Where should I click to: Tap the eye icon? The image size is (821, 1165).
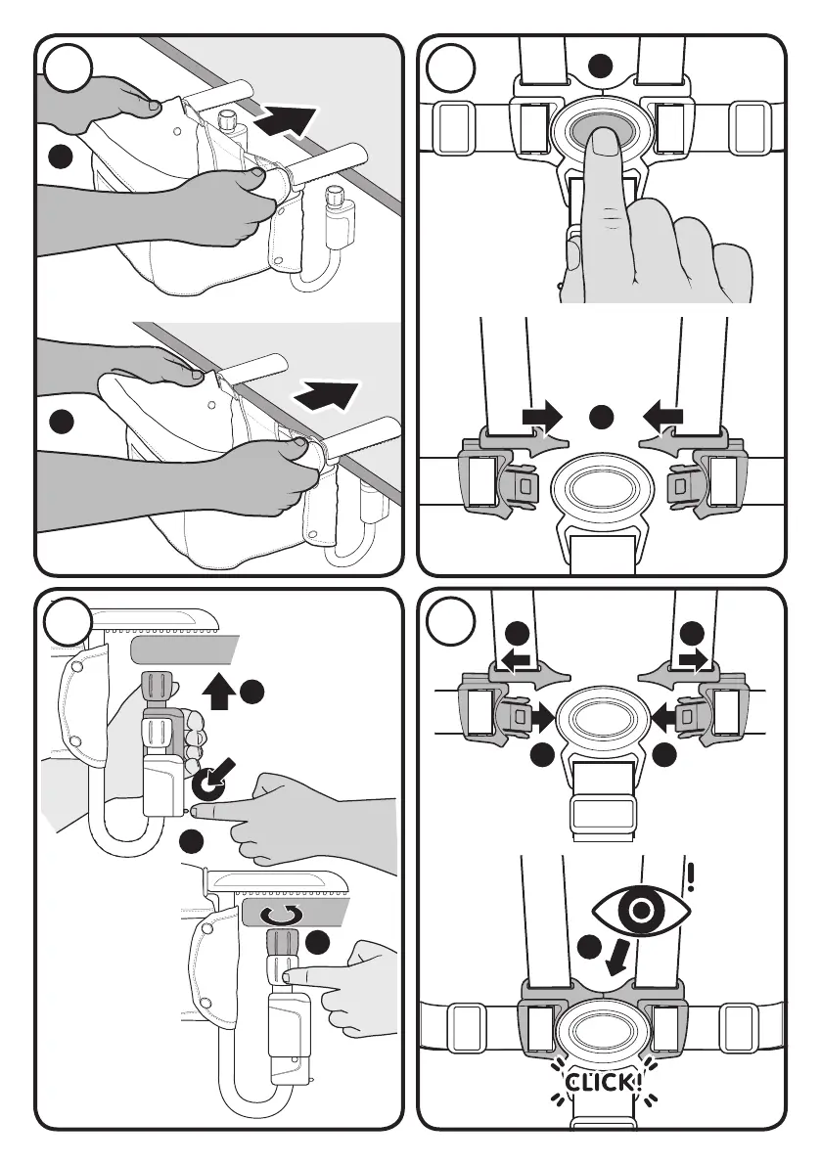641,912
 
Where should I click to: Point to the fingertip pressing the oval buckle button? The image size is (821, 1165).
600,142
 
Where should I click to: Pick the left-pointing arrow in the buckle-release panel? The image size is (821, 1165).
664,416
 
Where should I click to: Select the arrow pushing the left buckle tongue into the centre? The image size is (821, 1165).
539,717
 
